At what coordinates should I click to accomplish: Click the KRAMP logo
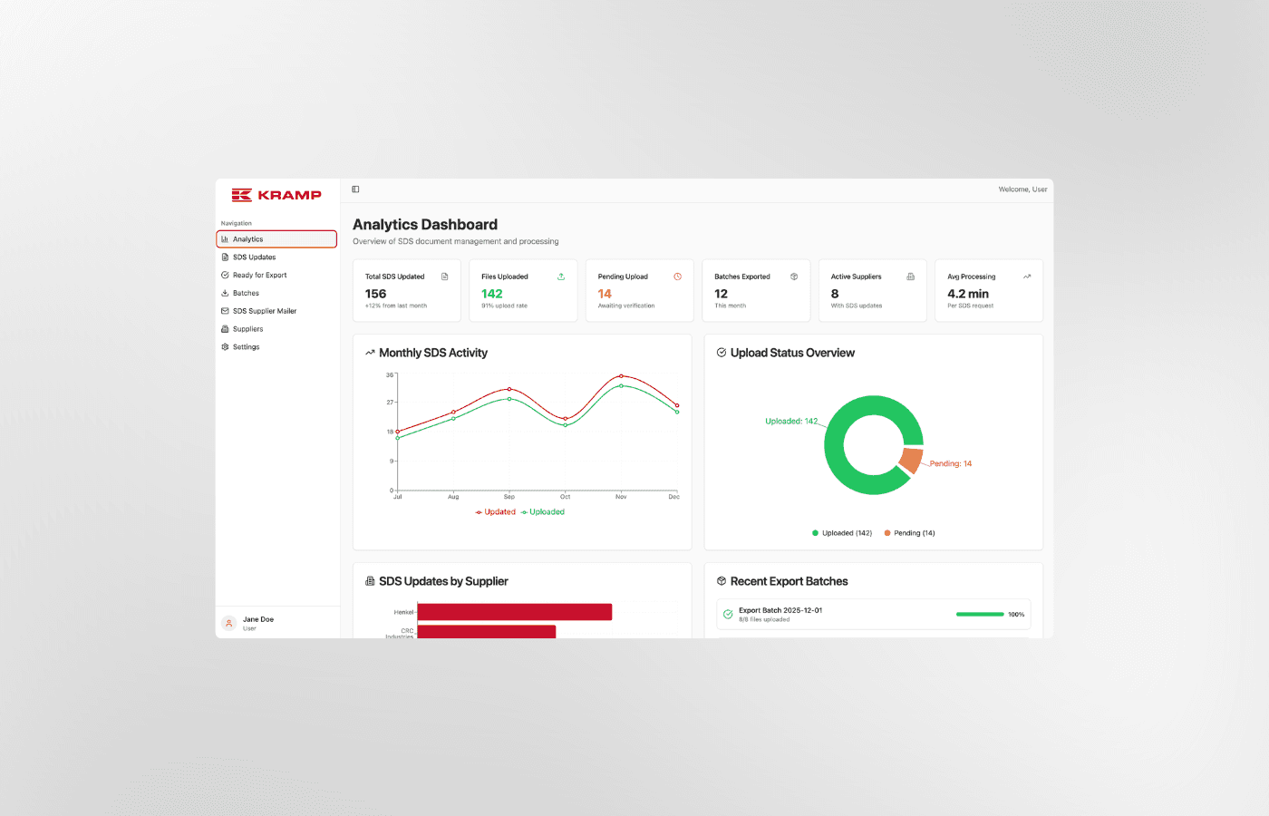point(276,195)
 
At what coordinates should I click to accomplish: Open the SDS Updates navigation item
point(254,257)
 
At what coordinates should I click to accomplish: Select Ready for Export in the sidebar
point(259,276)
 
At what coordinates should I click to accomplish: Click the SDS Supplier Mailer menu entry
point(264,311)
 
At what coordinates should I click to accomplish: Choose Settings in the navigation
point(246,347)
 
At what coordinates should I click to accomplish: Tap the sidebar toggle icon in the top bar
point(355,189)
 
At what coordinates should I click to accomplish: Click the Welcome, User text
point(1022,189)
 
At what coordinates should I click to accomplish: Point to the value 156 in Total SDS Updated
point(375,294)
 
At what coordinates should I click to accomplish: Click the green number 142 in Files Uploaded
point(491,294)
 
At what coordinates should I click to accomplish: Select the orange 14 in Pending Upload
point(605,294)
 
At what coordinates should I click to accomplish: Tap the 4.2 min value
point(968,294)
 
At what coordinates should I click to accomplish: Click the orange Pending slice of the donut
point(911,460)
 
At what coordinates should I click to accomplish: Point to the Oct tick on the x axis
point(565,497)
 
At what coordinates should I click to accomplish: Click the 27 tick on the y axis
point(390,402)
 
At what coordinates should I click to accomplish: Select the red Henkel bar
point(514,612)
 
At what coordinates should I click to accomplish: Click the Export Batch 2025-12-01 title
point(780,610)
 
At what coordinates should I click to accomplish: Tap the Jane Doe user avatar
point(229,623)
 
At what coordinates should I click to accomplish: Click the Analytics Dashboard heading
point(425,225)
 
